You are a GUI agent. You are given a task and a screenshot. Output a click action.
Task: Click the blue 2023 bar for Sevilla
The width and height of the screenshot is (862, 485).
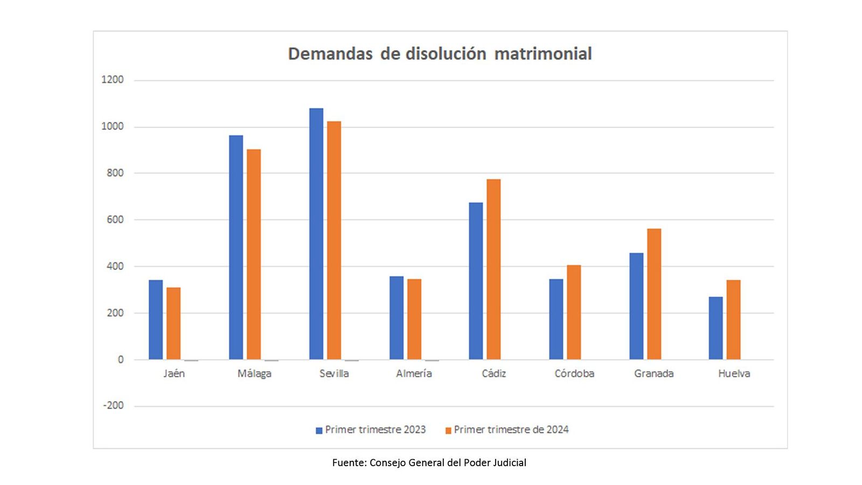tap(316, 234)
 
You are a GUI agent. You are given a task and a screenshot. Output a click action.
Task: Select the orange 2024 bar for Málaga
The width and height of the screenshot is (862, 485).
tap(254, 254)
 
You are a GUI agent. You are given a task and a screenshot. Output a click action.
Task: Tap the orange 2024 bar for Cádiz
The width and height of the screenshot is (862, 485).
tap(493, 269)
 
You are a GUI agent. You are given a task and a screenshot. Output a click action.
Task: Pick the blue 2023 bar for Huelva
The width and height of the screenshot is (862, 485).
tap(715, 328)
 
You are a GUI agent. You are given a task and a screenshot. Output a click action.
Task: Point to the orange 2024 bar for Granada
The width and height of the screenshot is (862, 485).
tap(654, 294)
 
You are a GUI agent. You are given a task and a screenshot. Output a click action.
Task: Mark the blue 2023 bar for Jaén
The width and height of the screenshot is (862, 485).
tap(156, 320)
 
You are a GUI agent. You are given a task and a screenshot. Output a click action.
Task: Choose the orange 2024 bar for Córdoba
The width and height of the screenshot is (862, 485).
tap(574, 312)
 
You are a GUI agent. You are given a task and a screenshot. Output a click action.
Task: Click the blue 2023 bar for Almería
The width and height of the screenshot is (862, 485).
tap(397, 318)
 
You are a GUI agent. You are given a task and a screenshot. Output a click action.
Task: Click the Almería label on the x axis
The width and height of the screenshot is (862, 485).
tap(414, 373)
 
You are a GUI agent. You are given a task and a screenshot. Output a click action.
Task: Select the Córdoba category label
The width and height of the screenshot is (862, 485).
tap(574, 373)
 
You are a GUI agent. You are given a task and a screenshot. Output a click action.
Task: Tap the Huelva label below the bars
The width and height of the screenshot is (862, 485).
tap(734, 373)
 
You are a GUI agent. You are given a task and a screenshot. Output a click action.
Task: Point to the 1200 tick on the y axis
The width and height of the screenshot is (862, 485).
tap(113, 80)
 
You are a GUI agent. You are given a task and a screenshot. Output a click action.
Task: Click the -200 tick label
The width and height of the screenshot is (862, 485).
tap(114, 406)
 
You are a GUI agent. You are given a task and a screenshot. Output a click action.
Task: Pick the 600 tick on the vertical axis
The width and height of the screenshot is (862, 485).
tap(115, 219)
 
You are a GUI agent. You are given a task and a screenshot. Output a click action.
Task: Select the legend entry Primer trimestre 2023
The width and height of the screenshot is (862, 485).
tap(375, 430)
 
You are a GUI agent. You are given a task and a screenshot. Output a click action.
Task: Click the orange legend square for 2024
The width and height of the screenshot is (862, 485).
tap(448, 431)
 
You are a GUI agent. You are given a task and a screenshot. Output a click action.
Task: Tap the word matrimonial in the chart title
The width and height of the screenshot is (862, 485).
tap(543, 54)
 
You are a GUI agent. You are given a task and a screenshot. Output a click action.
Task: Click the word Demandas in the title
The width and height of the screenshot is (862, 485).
tap(330, 54)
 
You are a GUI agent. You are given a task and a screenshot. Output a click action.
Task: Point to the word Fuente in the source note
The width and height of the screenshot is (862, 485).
tap(349, 463)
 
